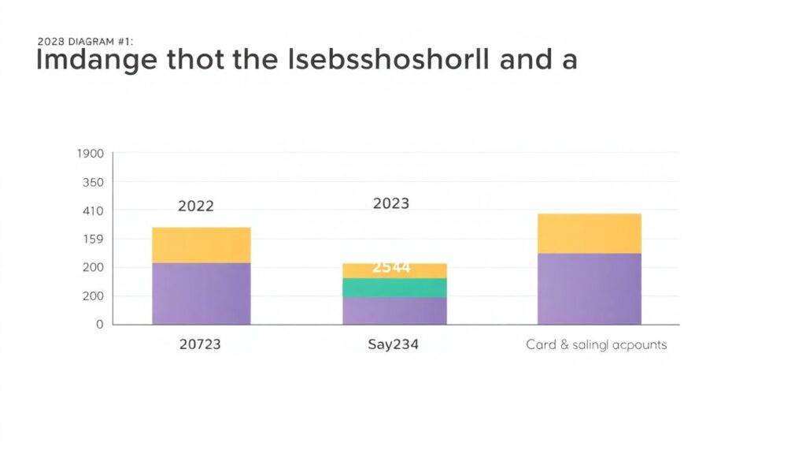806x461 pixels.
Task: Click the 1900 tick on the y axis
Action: click(x=91, y=154)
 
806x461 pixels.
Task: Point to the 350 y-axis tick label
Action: click(x=93, y=182)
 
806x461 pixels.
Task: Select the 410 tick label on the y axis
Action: click(x=93, y=210)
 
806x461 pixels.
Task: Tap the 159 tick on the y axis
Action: click(x=93, y=239)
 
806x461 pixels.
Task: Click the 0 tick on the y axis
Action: click(x=99, y=324)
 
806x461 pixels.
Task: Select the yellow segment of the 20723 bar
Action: click(x=201, y=245)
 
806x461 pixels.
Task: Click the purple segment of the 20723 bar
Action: click(x=201, y=293)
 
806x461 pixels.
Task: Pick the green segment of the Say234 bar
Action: click(x=394, y=288)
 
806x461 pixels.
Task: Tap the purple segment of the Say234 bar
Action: click(x=394, y=310)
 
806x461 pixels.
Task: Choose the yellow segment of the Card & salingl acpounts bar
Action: click(x=589, y=233)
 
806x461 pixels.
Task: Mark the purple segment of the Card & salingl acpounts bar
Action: click(x=589, y=288)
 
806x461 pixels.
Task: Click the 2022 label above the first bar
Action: click(x=196, y=206)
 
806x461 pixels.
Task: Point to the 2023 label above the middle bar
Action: click(x=391, y=203)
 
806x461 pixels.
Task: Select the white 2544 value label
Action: click(x=391, y=267)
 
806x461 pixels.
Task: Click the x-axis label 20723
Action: click(x=200, y=344)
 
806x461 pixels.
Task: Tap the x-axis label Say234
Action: click(x=394, y=344)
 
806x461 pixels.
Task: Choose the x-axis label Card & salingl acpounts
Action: click(x=596, y=344)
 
